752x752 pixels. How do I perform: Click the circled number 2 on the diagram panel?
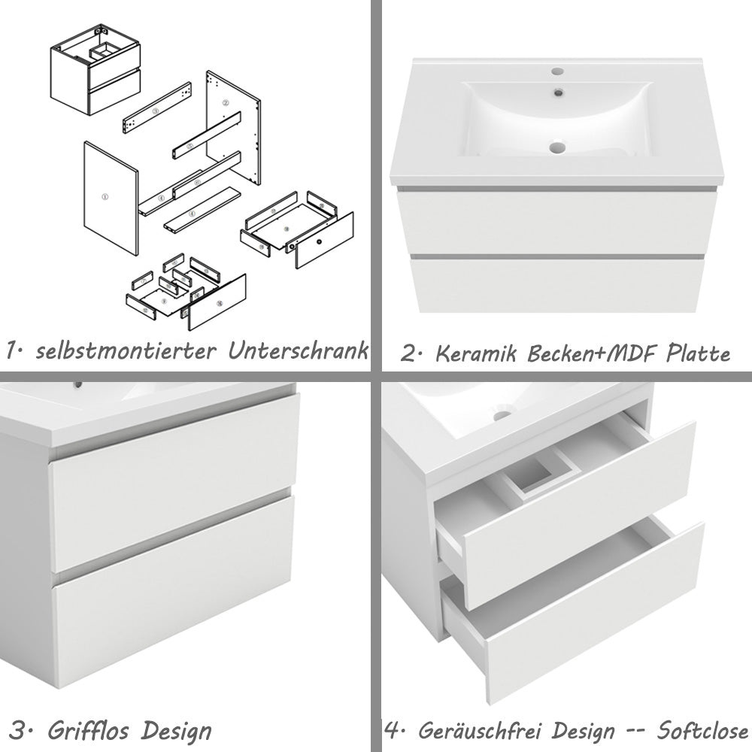(224, 100)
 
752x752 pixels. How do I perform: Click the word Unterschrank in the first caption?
(299, 350)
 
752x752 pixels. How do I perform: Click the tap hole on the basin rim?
(557, 72)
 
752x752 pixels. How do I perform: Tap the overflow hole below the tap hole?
(558, 92)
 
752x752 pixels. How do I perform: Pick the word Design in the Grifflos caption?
(176, 729)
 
